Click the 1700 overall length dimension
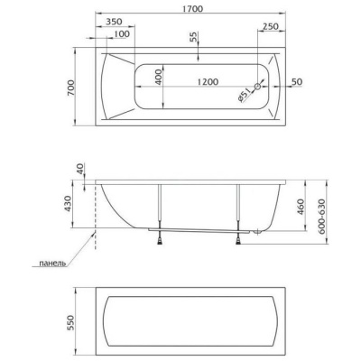pyautogui.click(x=192, y=9)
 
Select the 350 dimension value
pyautogui.click(x=115, y=22)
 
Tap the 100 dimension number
pyautogui.click(x=122, y=33)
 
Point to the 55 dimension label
pyautogui.click(x=193, y=36)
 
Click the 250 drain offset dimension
pyautogui.click(x=271, y=26)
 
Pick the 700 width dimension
pyautogui.click(x=70, y=88)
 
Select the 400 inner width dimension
pyautogui.click(x=159, y=77)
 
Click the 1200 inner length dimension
pyautogui.click(x=208, y=81)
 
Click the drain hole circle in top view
pyautogui.click(x=257, y=87)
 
